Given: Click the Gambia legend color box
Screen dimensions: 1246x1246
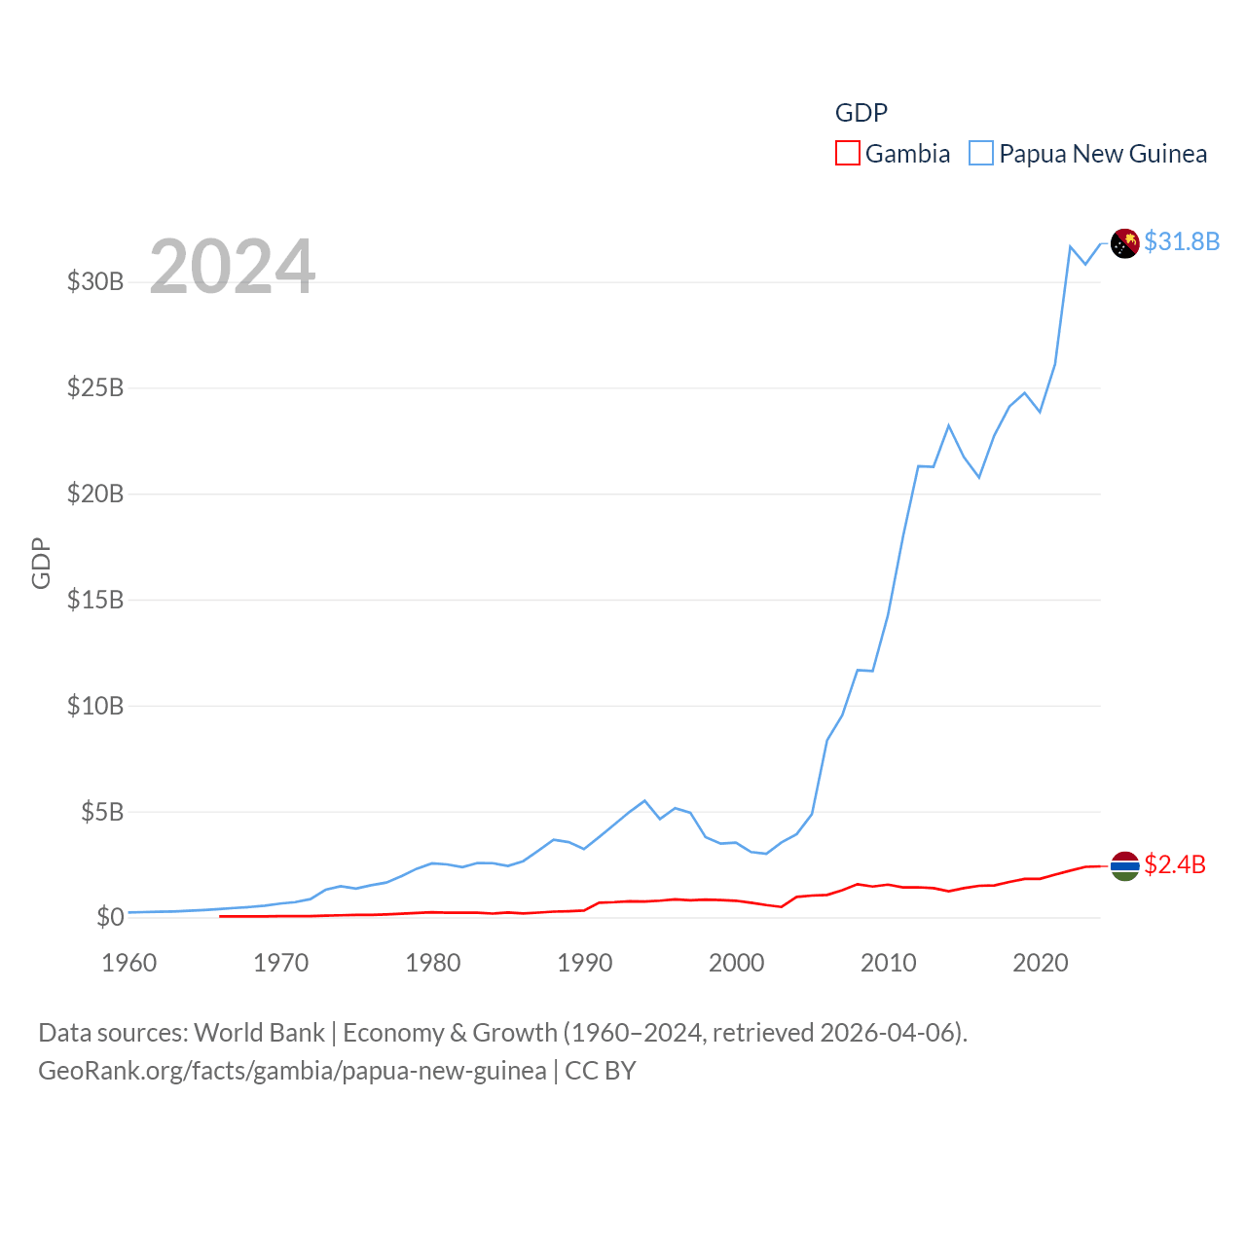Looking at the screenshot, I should [x=848, y=154].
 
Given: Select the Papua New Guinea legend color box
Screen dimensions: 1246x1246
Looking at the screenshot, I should [x=981, y=154].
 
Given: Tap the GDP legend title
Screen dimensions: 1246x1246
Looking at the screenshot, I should [x=861, y=113].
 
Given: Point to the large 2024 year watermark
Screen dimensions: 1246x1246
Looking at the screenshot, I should [x=232, y=267].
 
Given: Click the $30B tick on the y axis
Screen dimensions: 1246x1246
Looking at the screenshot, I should [x=95, y=282].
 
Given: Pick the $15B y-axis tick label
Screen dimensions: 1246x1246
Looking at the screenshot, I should [x=95, y=600].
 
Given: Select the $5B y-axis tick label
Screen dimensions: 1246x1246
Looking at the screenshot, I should [x=102, y=812].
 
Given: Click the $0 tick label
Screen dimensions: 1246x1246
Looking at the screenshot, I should [x=110, y=917].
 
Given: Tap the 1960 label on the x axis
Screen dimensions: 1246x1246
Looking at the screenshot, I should [x=129, y=964].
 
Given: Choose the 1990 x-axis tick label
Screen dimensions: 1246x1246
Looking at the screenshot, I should [x=584, y=964].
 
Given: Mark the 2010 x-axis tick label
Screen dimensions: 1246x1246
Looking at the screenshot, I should [x=888, y=964].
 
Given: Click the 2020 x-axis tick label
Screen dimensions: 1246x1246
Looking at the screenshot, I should [x=1040, y=964].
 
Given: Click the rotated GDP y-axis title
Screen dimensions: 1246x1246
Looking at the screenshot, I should [x=41, y=563].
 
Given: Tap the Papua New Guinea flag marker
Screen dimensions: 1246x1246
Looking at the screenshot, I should [x=1125, y=243].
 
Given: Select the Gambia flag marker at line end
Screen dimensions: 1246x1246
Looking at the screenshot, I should [x=1125, y=865].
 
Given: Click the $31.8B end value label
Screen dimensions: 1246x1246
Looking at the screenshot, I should [x=1182, y=241].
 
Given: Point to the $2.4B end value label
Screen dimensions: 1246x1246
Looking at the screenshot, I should [x=1175, y=864].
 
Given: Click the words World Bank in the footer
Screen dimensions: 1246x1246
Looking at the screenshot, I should [x=259, y=1033].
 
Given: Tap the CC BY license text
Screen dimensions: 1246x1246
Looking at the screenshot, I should [x=601, y=1071].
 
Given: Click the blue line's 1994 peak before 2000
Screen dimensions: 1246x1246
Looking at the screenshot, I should [x=644, y=801].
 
